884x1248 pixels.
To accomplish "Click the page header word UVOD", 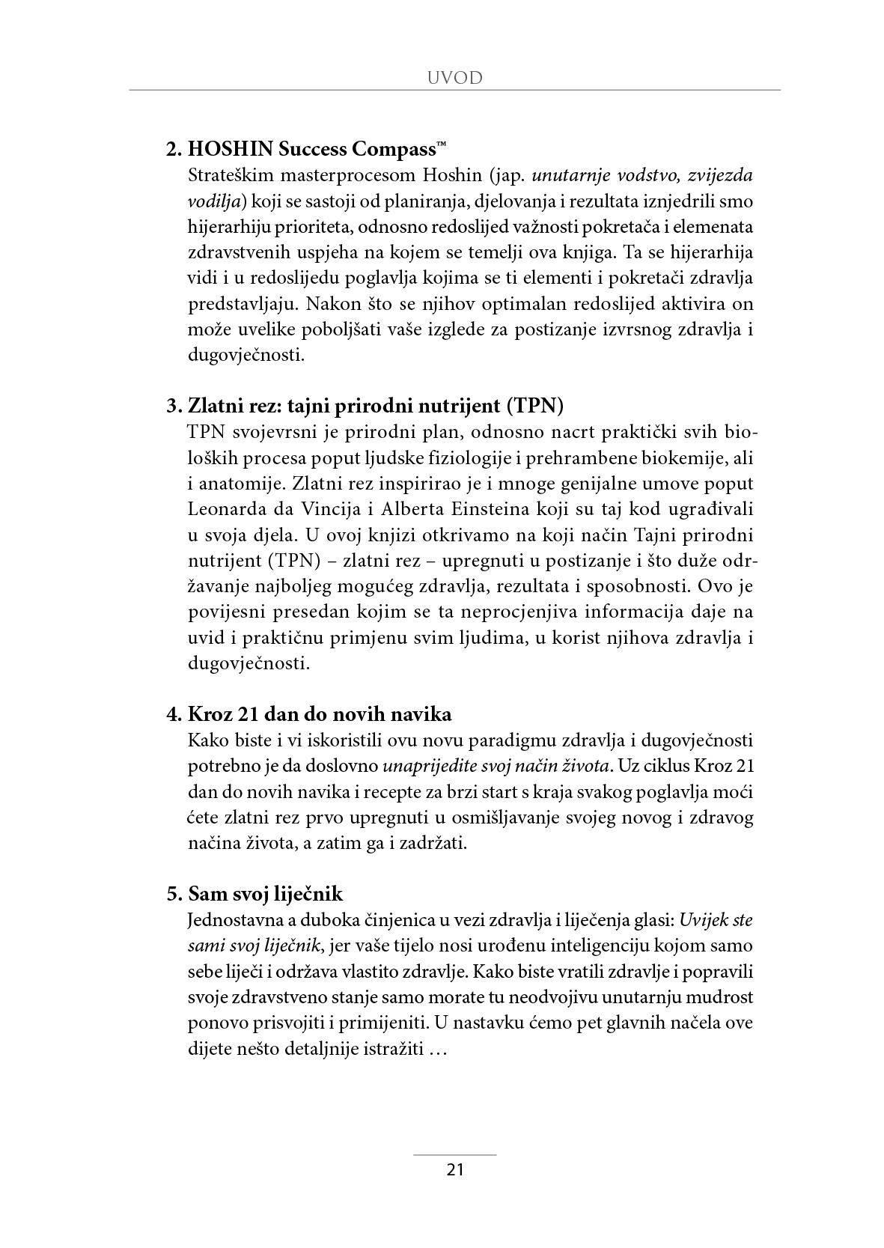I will point(454,78).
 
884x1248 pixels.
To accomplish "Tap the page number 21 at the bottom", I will point(455,1170).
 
